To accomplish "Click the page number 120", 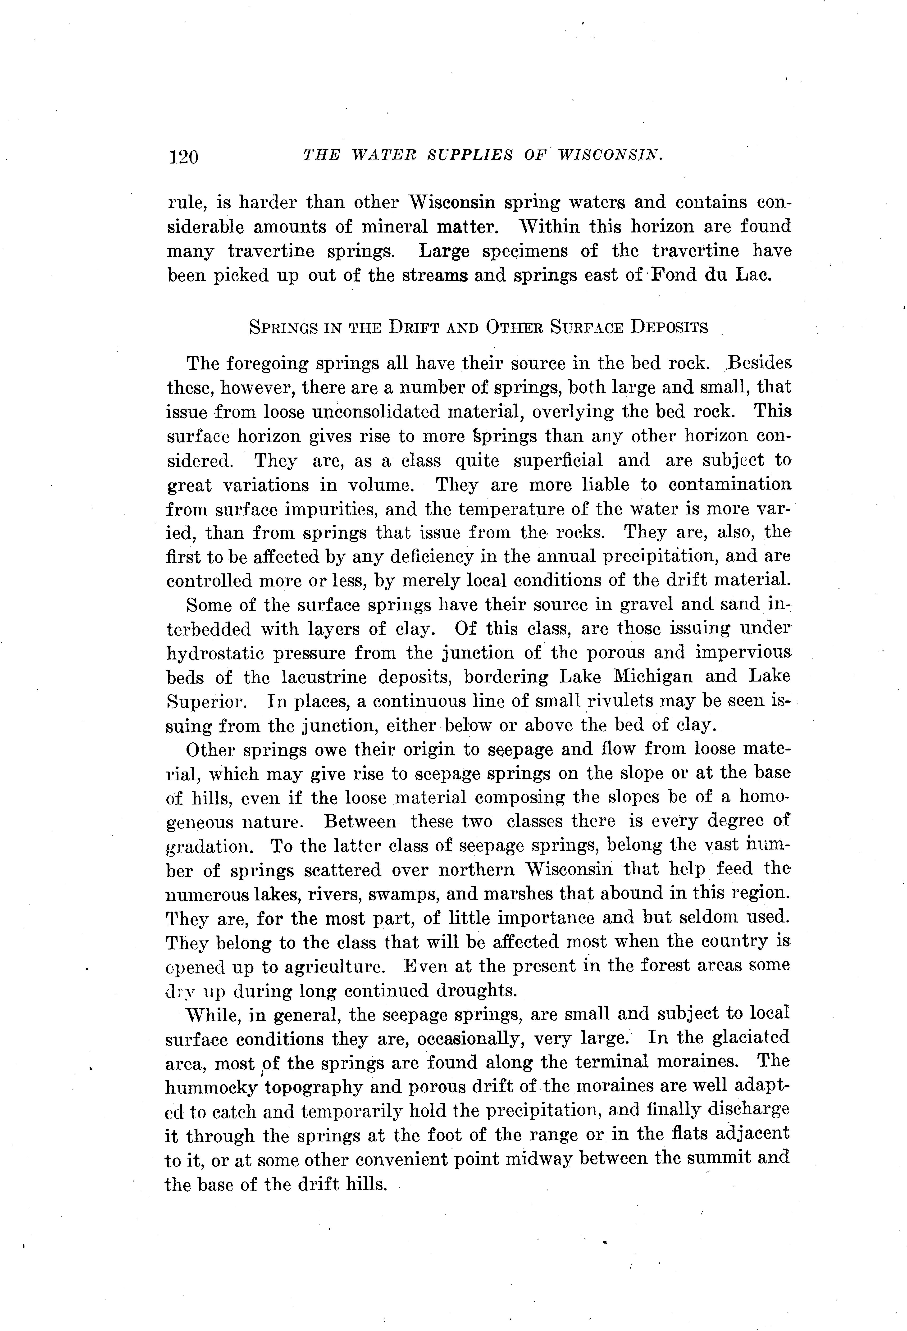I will point(183,156).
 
